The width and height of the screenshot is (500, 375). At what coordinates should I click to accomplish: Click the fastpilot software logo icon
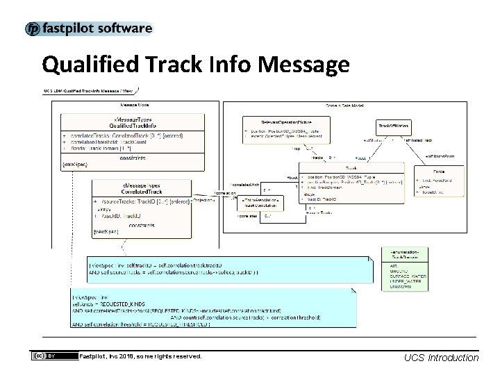(33, 29)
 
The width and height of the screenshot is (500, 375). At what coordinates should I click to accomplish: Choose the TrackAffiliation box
(393, 125)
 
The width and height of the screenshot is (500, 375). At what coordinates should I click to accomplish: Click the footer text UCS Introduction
(441, 357)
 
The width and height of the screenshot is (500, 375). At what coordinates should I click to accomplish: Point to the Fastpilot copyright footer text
(140, 356)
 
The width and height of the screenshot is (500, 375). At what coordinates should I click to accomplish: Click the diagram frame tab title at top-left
(90, 91)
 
